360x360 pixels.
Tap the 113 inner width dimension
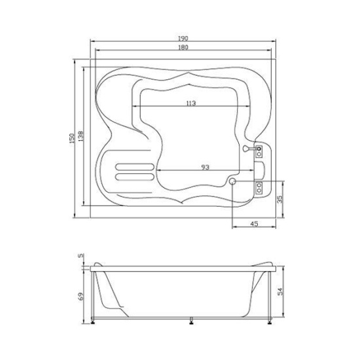point(191,103)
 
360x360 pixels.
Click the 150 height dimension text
point(71,140)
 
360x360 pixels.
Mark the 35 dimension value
point(279,199)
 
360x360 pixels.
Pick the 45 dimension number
point(255,224)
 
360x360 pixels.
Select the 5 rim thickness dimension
point(81,256)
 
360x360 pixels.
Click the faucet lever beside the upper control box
point(246,149)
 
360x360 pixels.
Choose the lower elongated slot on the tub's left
point(135,175)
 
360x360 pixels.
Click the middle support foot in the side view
point(191,321)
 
